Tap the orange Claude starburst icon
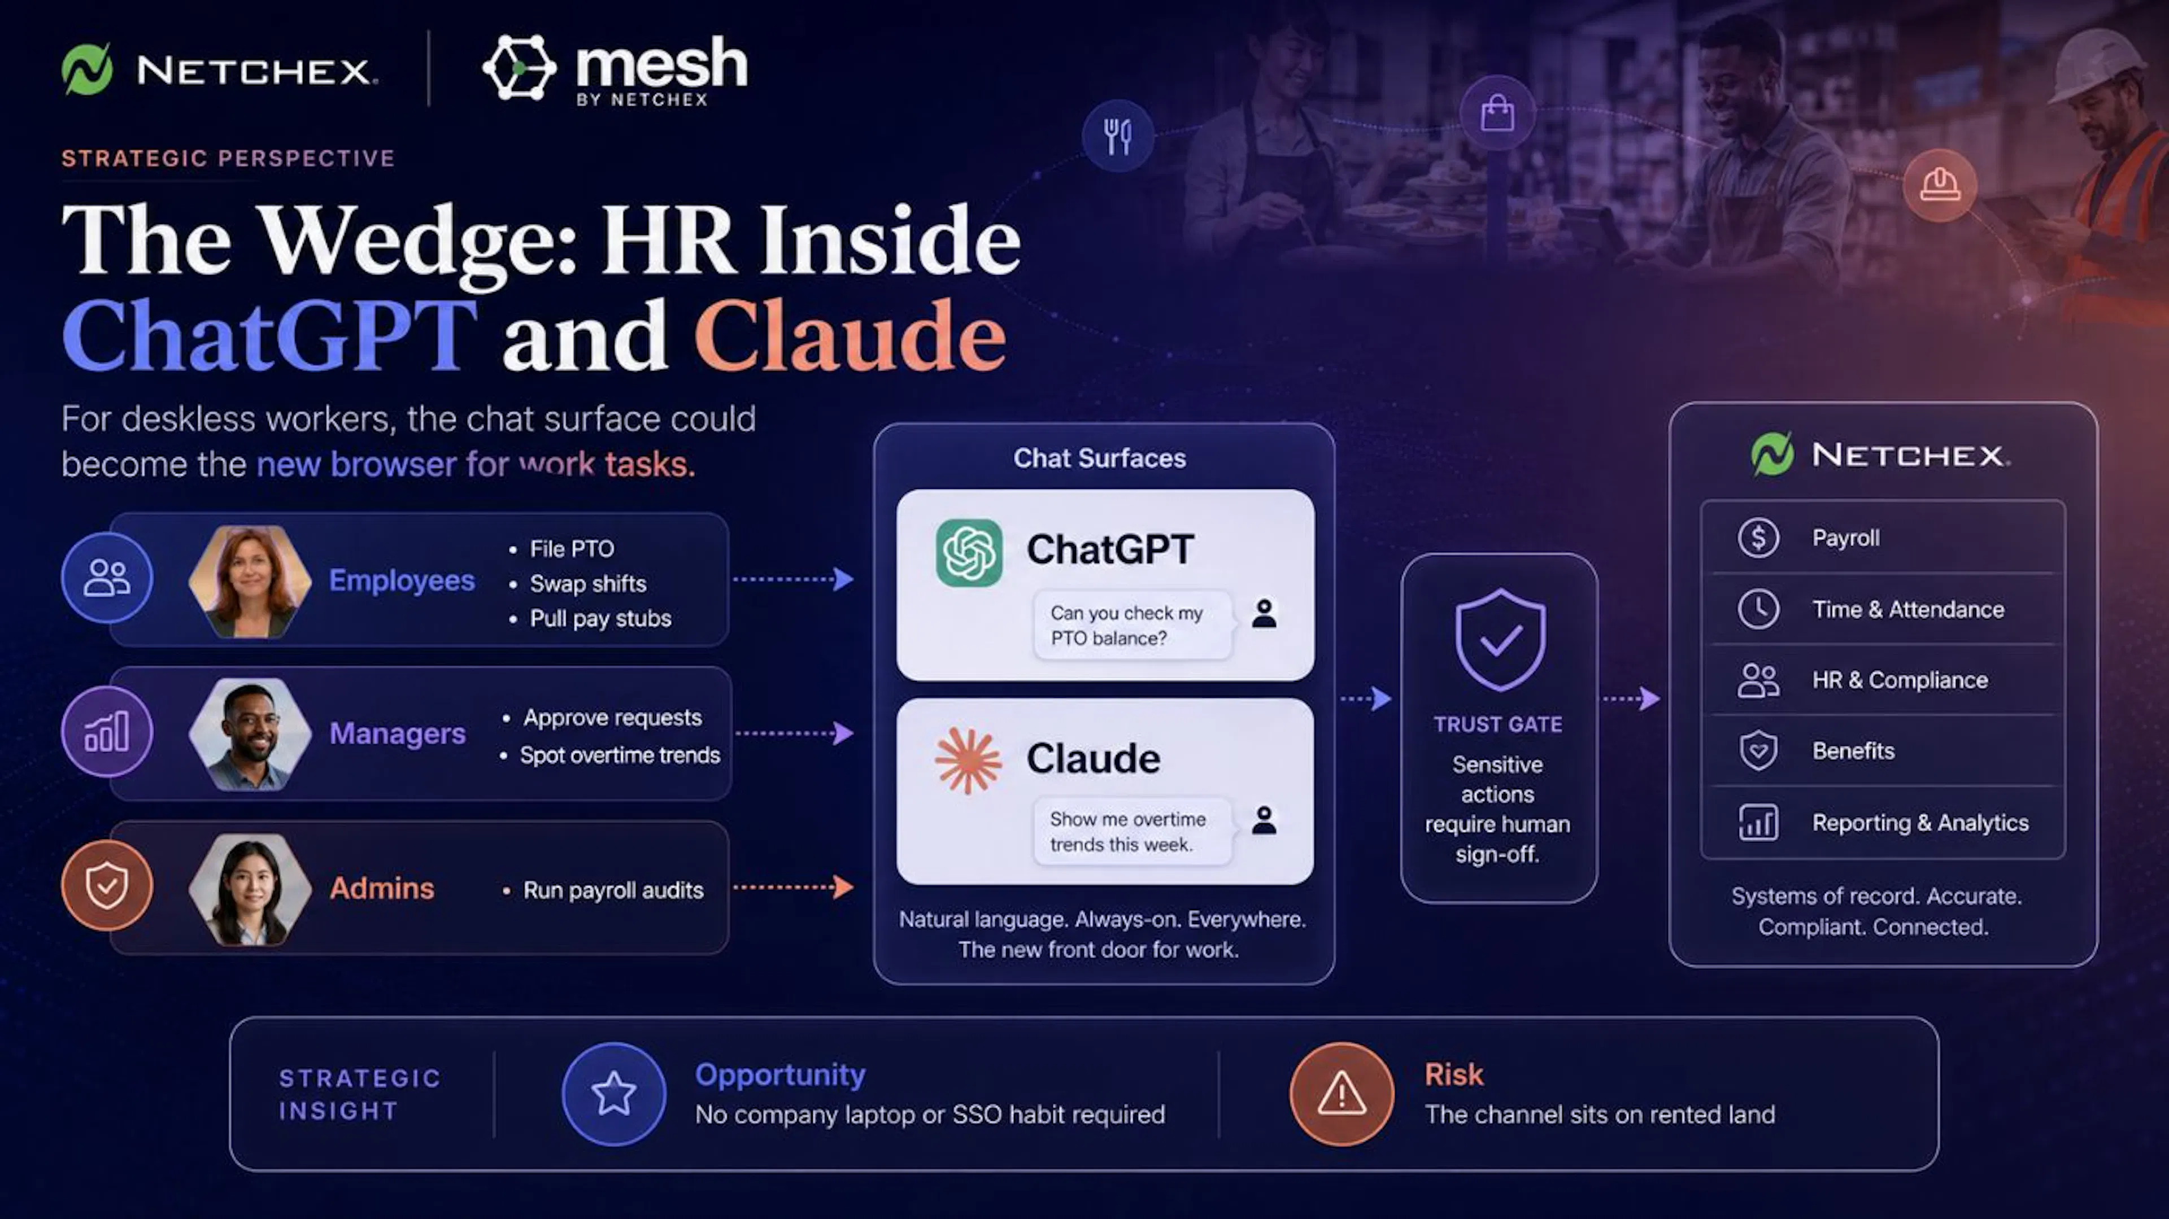[x=968, y=761]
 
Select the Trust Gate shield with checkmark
[x=1500, y=640]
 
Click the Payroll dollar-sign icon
[x=1758, y=537]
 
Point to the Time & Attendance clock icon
[x=1758, y=609]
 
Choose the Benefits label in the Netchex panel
[x=1853, y=751]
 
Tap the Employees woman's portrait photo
[x=249, y=581]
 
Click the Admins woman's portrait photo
[x=249, y=890]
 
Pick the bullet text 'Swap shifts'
[x=587, y=583]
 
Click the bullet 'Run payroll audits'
[x=613, y=890]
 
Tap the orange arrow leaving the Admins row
[x=793, y=886]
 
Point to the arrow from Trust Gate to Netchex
[x=1631, y=699]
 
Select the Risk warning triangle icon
[x=1342, y=1094]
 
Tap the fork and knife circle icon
[x=1117, y=135]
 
